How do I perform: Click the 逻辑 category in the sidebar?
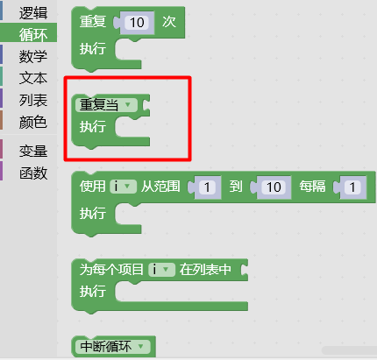33,13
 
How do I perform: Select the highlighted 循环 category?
33,34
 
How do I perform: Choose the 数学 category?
33,56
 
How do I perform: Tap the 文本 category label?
33,78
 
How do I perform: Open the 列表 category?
33,100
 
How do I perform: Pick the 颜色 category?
33,122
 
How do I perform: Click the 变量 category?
33,152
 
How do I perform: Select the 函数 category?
33,173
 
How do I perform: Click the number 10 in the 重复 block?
137,23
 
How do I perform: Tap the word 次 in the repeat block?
169,22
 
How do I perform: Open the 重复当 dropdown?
106,105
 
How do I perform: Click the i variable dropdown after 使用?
123,187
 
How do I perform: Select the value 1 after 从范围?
207,187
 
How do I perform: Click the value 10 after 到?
274,187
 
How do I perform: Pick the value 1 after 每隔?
352,187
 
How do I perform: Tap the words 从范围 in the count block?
160,187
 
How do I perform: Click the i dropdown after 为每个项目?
161,269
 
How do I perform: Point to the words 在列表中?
205,269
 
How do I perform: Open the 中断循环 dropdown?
113,347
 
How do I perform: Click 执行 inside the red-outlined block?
93,127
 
